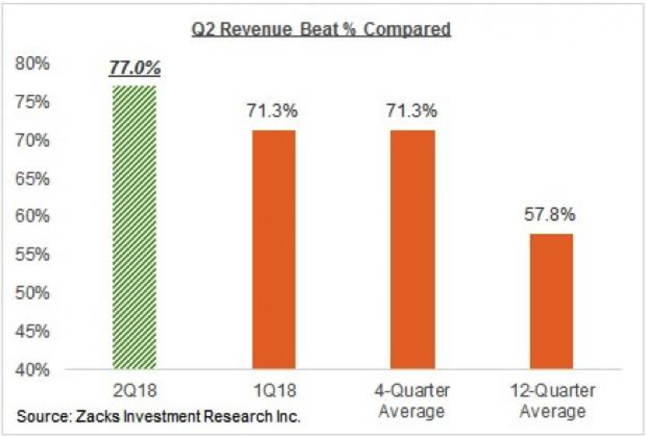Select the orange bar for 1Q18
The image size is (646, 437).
click(273, 250)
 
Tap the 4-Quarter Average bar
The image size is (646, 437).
click(413, 250)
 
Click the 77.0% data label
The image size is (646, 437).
click(135, 69)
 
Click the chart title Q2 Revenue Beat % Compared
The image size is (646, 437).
click(320, 31)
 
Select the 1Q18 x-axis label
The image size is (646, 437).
click(273, 391)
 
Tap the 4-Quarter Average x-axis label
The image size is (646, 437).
click(413, 401)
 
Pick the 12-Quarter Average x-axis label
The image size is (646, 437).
click(551, 401)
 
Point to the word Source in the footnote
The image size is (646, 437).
click(39, 417)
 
